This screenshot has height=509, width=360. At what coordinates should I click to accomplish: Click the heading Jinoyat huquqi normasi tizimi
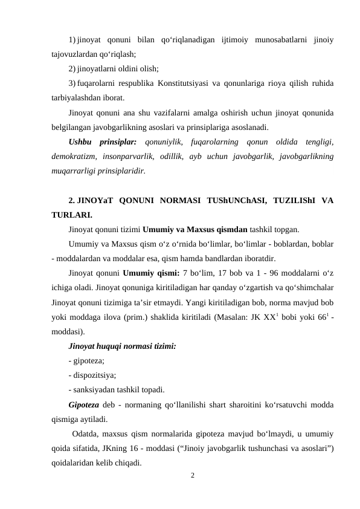[x=114, y=346]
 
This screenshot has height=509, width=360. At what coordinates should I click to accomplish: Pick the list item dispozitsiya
[x=91, y=375]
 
